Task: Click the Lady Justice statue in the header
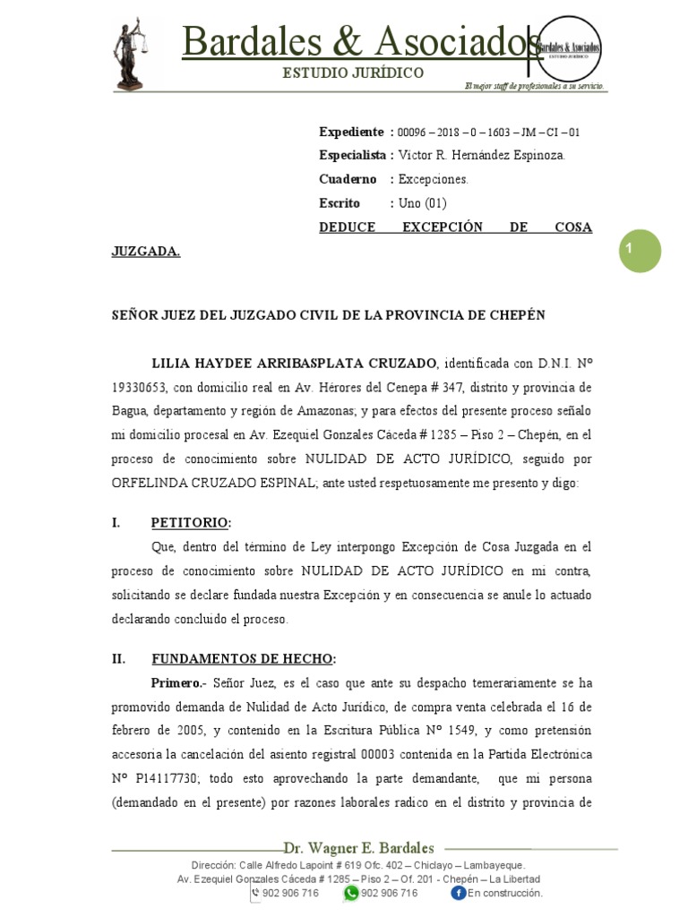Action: pos(129,54)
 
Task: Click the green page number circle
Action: pos(640,251)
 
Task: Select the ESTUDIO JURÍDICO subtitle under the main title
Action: pos(353,73)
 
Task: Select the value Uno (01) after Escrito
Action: pos(422,202)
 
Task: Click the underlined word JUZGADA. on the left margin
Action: pos(145,252)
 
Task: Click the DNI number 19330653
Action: pos(143,387)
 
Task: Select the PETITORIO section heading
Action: pos(191,522)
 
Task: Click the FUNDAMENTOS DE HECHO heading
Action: pos(244,658)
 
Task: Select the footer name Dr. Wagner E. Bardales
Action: pos(358,847)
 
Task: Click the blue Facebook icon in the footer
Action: pos(458,892)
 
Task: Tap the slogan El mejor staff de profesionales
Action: pos(533,86)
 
